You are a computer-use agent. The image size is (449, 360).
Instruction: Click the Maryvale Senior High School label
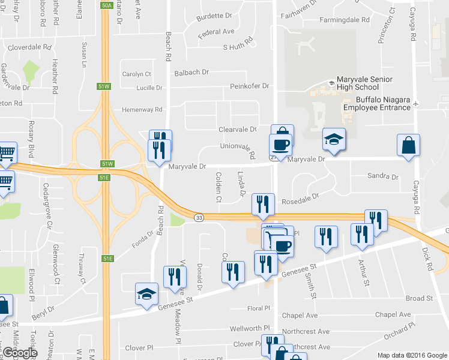[364, 83]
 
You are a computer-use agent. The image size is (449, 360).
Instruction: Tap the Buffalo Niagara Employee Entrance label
[377, 103]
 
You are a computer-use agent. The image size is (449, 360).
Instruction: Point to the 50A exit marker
[107, 5]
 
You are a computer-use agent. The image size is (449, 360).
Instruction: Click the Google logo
[20, 353]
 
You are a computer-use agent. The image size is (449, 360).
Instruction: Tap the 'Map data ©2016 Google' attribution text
[412, 355]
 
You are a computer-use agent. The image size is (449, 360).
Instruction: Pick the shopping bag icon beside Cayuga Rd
[408, 146]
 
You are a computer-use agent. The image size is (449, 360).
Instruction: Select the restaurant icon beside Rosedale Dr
[264, 204]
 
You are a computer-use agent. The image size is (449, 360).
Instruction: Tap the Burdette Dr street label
[205, 16]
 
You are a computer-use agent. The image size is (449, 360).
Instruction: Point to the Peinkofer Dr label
[249, 86]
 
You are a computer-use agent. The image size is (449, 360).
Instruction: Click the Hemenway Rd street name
[142, 110]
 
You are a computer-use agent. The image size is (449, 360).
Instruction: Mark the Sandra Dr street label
[382, 177]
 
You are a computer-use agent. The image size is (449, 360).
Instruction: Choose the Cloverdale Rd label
[30, 46]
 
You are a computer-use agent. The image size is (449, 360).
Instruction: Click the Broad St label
[419, 298]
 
